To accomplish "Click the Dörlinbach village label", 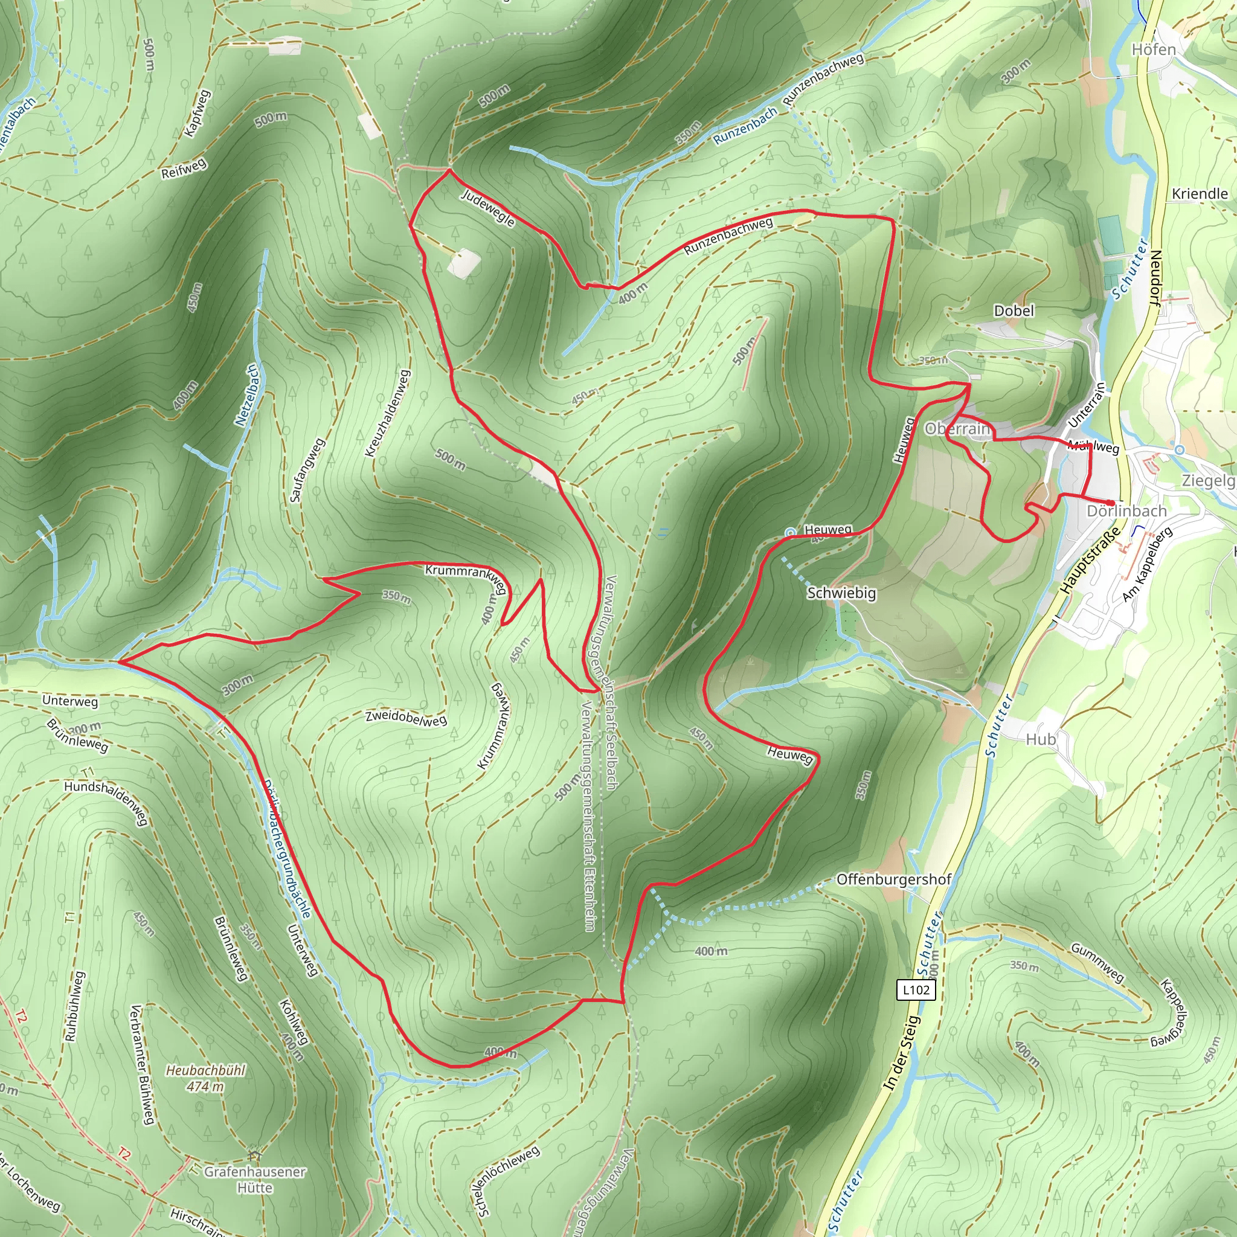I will pos(1127,511).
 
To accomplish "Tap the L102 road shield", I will pos(916,990).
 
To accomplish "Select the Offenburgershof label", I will pos(894,879).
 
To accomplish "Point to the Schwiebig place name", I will pos(841,593).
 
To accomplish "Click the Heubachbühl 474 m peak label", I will pos(205,1078).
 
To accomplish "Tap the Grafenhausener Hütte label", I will pos(255,1180).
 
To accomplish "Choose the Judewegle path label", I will pos(488,207).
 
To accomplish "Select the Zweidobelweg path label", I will pos(406,718).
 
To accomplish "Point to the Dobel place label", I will pos(1014,310).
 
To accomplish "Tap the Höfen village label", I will pos(1154,50).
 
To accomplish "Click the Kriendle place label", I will pos(1199,193).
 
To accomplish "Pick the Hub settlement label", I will pos(1041,739).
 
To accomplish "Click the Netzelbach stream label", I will pos(247,396).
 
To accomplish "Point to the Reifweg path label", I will pos(184,169).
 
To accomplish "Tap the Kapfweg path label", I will pos(196,114).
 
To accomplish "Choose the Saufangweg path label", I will pos(307,470).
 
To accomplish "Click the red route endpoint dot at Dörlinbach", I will pos(1110,502).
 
